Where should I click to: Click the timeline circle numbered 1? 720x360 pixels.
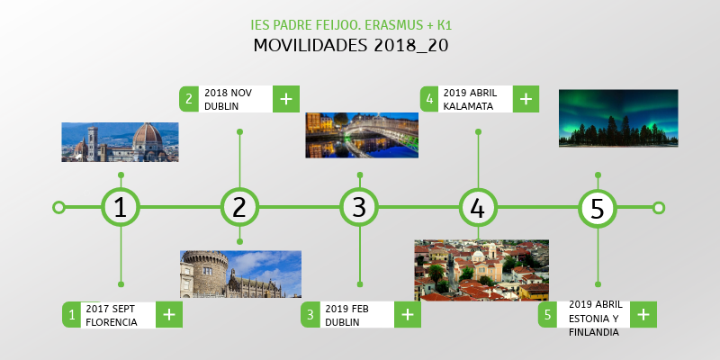[121, 208]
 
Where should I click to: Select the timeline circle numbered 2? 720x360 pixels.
[239, 208]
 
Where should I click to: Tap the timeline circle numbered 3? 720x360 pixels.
[359, 208]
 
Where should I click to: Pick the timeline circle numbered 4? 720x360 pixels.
[478, 208]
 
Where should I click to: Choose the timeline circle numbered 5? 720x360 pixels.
[598, 208]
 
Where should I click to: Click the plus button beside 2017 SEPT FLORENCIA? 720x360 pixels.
[169, 314]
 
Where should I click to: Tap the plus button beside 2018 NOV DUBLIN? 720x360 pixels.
[285, 99]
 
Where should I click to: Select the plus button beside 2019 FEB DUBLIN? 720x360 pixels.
[408, 314]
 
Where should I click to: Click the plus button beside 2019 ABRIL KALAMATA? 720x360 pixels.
[526, 99]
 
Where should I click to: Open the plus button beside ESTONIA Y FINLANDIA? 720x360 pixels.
[643, 314]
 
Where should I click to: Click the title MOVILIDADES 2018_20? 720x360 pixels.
[351, 45]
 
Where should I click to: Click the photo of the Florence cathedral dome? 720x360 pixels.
[120, 142]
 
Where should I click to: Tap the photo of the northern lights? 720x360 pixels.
[618, 117]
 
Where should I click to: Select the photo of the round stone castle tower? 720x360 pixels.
[240, 274]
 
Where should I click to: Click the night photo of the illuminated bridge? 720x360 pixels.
[362, 135]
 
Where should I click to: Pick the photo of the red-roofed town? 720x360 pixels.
[481, 270]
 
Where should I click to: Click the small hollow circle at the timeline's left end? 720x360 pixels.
[59, 208]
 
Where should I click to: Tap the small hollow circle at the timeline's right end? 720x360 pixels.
[659, 208]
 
